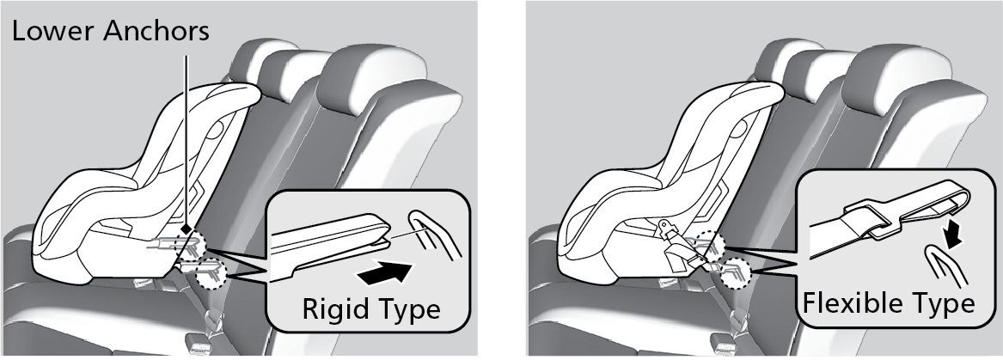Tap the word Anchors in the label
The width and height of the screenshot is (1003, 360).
pyautogui.click(x=156, y=31)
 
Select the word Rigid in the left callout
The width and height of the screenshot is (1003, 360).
pyautogui.click(x=333, y=309)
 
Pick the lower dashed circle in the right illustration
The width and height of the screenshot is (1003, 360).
pyautogui.click(x=734, y=271)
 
